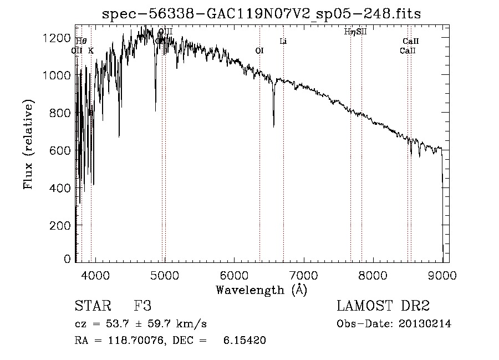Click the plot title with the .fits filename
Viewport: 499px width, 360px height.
tap(262, 14)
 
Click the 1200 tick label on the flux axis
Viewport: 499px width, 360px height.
tap(58, 37)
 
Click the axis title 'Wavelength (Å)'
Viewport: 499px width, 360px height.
tap(261, 290)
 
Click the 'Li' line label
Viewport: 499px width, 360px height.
tap(283, 41)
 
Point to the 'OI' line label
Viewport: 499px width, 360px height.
tap(259, 50)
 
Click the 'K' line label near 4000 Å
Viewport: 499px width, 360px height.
tap(91, 50)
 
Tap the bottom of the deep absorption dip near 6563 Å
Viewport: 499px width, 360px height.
tap(273, 125)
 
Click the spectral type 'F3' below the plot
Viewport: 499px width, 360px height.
tap(143, 306)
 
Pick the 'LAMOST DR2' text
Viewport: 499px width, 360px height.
tap(383, 306)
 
